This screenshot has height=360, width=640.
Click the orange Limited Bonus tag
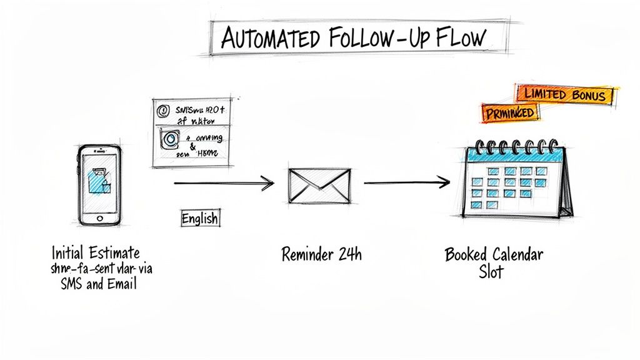565,95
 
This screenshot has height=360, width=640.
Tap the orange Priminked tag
510,112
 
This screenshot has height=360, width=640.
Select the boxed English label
199,219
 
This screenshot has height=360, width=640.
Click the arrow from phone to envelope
223,183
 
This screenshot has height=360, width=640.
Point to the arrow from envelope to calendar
406,182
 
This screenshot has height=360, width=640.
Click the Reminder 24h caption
321,254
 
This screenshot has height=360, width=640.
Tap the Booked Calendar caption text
494,254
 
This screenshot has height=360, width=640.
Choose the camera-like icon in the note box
169,139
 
